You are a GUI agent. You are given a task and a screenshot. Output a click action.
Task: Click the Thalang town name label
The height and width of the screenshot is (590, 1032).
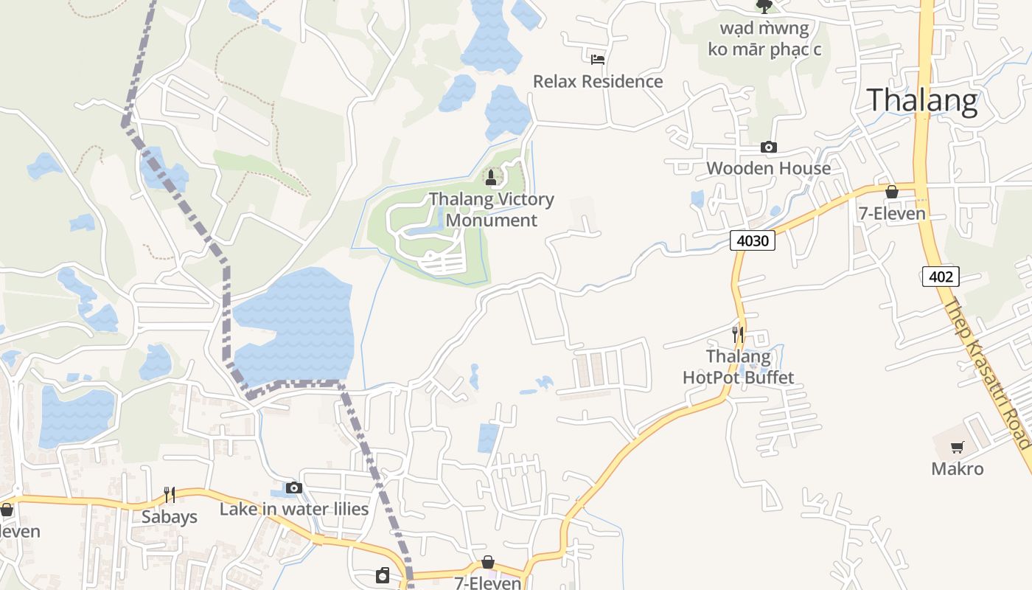tap(922, 100)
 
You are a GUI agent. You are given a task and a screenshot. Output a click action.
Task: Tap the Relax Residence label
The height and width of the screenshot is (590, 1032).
tap(598, 81)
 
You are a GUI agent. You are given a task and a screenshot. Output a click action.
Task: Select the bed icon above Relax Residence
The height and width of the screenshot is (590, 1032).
tap(597, 59)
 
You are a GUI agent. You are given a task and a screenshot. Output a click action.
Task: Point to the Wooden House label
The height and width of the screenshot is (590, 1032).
tap(768, 168)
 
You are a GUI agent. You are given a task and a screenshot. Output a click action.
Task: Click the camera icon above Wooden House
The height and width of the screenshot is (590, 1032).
tap(768, 147)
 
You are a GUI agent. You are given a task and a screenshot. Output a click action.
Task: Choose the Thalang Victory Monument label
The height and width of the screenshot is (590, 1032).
tap(492, 209)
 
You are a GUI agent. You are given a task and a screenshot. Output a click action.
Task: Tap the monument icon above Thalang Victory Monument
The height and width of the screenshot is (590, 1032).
tap(491, 178)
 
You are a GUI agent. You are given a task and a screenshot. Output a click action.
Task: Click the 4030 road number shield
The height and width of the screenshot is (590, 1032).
tap(753, 240)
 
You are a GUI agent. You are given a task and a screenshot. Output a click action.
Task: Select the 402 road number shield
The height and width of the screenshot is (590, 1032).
tap(941, 277)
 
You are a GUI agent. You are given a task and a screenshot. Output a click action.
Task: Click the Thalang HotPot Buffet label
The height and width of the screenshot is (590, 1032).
tap(739, 367)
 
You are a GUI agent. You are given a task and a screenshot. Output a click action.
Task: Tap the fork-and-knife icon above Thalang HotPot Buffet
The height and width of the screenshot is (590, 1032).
tap(737, 333)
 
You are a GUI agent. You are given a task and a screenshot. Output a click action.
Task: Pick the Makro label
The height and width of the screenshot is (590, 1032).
tap(957, 469)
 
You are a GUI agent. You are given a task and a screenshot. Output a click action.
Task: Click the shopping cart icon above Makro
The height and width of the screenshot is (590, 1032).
tap(957, 447)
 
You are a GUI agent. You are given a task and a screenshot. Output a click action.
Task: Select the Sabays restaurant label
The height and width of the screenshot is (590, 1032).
tap(170, 517)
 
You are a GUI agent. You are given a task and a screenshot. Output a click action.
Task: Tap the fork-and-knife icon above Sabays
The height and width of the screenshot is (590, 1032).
tap(170, 494)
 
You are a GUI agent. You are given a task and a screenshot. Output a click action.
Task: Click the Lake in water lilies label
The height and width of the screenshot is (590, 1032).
tap(294, 509)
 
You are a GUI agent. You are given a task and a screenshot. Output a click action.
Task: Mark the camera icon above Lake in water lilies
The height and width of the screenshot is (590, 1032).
tap(294, 487)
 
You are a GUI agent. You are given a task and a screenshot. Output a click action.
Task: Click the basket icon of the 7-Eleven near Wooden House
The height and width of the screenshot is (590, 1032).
tap(891, 192)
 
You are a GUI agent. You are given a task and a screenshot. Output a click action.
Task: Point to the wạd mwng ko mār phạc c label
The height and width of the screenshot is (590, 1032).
tap(764, 39)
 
